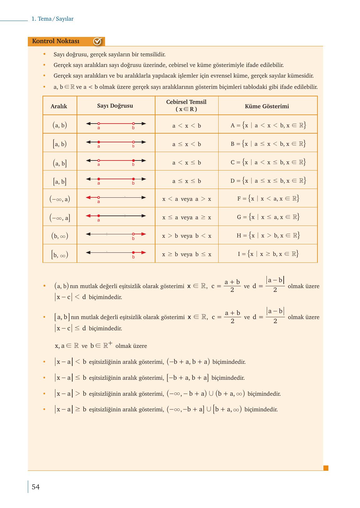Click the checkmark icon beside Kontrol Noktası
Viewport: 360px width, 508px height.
pyautogui.click(x=97, y=41)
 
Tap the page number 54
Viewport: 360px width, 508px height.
pyautogui.click(x=36, y=487)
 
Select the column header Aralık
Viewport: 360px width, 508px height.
pyautogui.click(x=59, y=106)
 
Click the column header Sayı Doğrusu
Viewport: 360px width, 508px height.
pyautogui.click(x=115, y=106)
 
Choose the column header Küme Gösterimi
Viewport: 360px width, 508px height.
pyautogui.click(x=267, y=106)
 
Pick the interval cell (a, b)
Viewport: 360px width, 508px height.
pyautogui.click(x=60, y=125)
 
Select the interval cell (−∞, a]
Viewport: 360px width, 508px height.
pyautogui.click(x=60, y=217)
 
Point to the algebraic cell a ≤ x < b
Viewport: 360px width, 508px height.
pyautogui.click(x=187, y=144)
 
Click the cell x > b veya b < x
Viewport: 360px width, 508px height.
pyautogui.click(x=187, y=236)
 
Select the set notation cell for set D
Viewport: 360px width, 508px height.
pyautogui.click(x=268, y=180)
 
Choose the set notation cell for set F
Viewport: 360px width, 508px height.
pyautogui.click(x=268, y=198)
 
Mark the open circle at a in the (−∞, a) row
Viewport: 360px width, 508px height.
pyautogui.click(x=99, y=197)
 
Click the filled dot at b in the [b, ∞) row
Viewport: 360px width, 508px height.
pyautogui.click(x=133, y=252)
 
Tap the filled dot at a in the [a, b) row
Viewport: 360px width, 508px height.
pyautogui.click(x=99, y=142)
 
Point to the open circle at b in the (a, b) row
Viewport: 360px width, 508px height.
pyautogui.click(x=133, y=124)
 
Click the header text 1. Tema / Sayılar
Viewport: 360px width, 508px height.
pyautogui.click(x=53, y=19)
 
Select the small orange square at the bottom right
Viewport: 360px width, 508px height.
pyautogui.click(x=326, y=468)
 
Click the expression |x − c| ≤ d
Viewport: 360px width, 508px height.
pyautogui.click(x=70, y=328)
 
